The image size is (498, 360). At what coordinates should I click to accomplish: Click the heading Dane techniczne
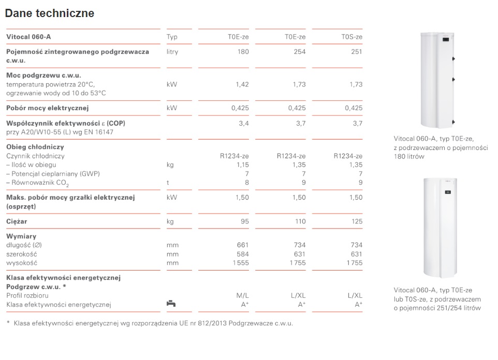click(x=50, y=13)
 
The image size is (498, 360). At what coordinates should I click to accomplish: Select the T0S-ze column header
click(x=352, y=37)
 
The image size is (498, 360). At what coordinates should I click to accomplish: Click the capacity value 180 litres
click(x=242, y=52)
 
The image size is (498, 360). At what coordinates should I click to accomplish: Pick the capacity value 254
click(x=299, y=52)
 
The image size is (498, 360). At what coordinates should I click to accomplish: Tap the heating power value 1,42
click(x=242, y=84)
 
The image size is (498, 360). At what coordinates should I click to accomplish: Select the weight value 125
click(x=356, y=221)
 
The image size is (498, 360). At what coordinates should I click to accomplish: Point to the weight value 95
click(x=244, y=221)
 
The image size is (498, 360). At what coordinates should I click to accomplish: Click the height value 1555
click(x=241, y=263)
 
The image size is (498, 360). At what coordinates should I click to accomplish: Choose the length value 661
click(x=243, y=245)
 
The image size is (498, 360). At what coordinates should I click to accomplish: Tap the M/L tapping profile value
click(x=243, y=295)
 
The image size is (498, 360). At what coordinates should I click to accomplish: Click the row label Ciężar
click(x=17, y=221)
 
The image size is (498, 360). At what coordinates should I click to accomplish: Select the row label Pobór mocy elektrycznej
click(x=48, y=108)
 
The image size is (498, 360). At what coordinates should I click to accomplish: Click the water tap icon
click(x=171, y=304)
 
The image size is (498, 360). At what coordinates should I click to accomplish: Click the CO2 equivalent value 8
click(x=247, y=182)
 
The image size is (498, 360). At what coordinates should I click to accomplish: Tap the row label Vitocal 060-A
click(x=28, y=37)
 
